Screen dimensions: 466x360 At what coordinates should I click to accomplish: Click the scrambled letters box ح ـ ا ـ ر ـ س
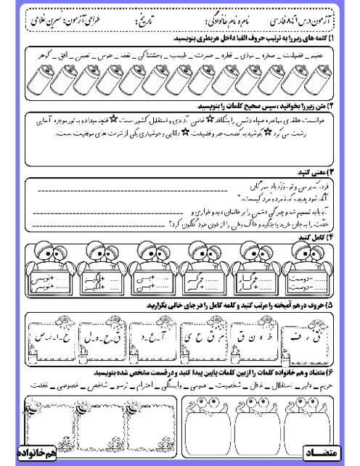[52, 335]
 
